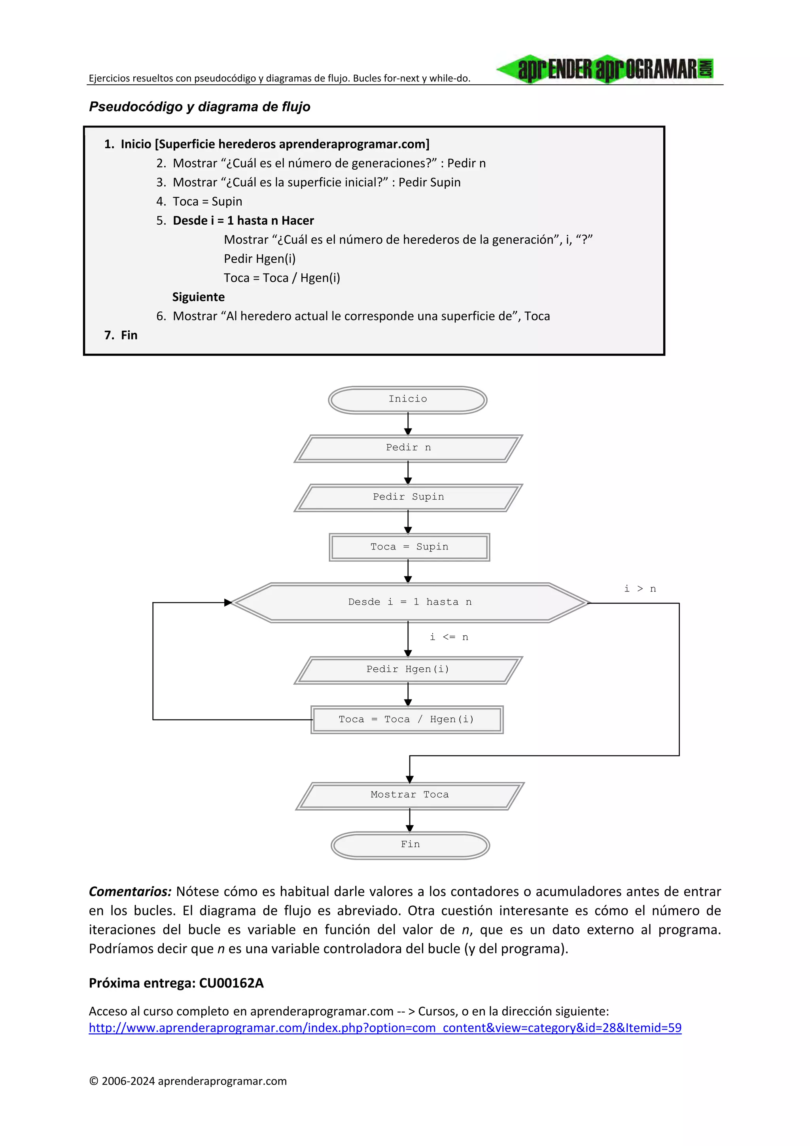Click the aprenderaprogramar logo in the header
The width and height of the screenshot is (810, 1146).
click(605, 69)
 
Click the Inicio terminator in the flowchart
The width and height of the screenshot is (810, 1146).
click(407, 399)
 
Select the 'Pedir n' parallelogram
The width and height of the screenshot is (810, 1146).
click(408, 448)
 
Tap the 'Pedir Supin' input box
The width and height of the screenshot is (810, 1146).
click(408, 497)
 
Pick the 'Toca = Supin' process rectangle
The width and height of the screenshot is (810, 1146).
click(409, 547)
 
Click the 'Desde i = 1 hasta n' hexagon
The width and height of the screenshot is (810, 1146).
click(409, 602)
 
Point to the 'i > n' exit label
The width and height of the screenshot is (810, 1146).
click(640, 589)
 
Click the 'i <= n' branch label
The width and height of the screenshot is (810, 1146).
click(449, 637)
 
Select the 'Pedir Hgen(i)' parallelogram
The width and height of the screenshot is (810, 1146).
click(408, 670)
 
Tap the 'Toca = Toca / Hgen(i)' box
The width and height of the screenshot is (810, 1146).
click(407, 719)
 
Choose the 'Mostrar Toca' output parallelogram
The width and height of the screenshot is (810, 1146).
click(409, 795)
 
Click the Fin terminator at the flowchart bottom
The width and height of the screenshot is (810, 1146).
click(410, 845)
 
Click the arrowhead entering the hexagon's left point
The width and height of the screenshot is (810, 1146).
click(228, 602)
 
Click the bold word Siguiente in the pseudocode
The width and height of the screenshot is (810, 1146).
click(198, 297)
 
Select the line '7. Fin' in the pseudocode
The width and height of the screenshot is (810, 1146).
click(121, 335)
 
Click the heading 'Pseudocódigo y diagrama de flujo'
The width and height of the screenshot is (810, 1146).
click(200, 106)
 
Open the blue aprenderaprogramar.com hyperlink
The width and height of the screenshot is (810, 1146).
click(385, 1028)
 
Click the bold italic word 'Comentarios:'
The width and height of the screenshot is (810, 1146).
click(130, 892)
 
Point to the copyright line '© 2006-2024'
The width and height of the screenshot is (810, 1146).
click(187, 1081)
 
